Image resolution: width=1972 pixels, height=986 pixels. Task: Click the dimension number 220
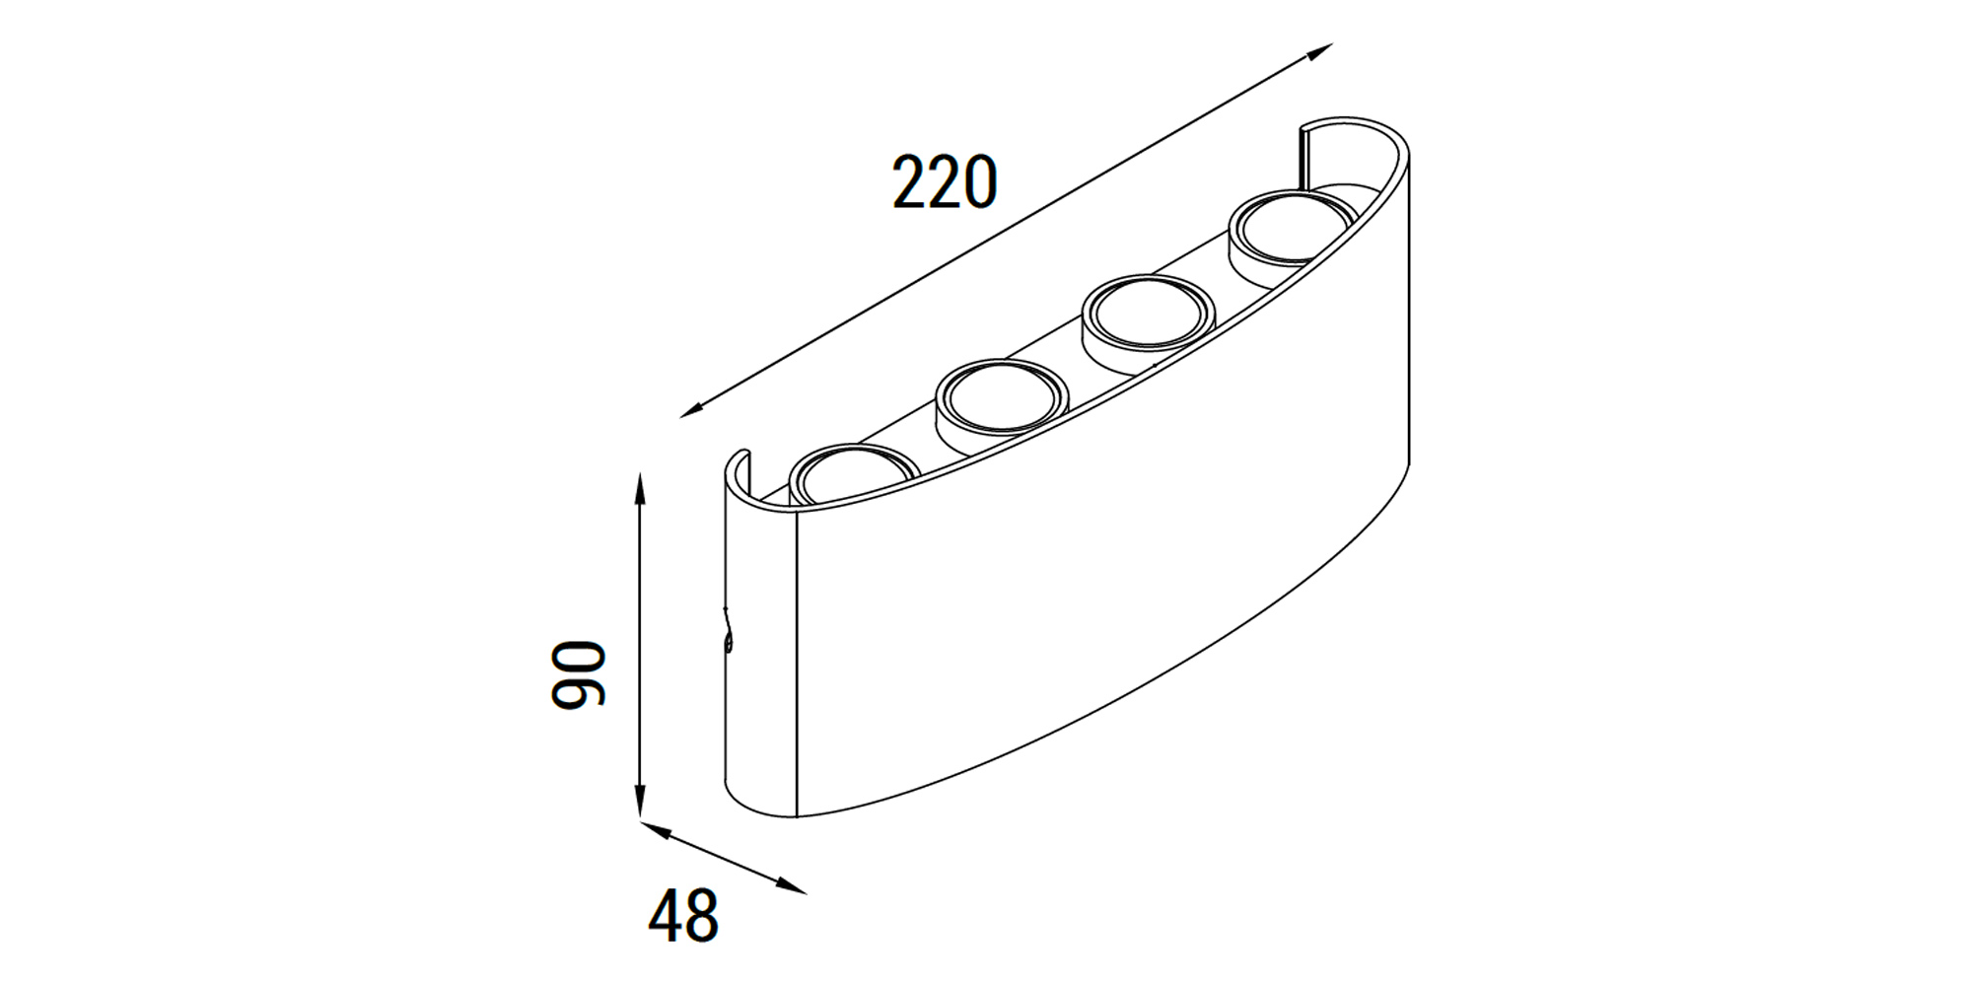click(944, 182)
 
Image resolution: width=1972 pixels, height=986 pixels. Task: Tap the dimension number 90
click(578, 674)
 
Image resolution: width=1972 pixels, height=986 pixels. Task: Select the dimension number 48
click(683, 916)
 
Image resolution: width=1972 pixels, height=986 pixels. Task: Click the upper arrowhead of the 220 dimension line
click(1321, 50)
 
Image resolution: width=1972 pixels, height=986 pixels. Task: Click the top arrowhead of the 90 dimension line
click(640, 485)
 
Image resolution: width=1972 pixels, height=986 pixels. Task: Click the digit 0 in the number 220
click(979, 182)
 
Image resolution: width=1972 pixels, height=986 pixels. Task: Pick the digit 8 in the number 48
click(702, 916)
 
